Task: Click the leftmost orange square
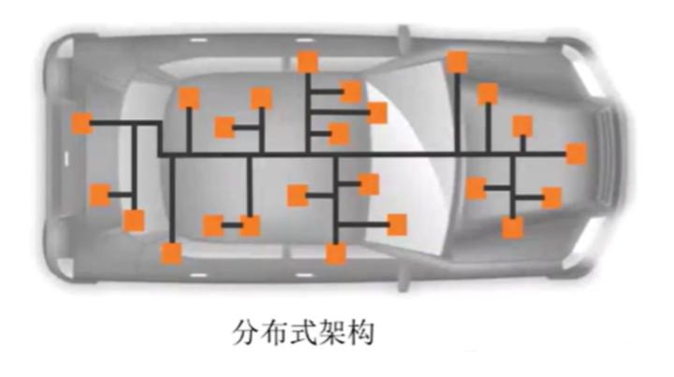pos(82,124)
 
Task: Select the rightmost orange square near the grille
pos(576,153)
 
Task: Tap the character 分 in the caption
pos(245,332)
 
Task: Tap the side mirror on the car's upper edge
pos(403,39)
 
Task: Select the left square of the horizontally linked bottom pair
pos(213,225)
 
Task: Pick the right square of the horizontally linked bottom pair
pos(250,225)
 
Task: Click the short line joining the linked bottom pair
pos(231,225)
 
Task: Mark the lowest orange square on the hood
pos(512,227)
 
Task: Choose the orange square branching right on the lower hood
pos(551,197)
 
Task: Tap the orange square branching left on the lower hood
pos(476,188)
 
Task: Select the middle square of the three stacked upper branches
pos(377,113)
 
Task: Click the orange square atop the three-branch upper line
pos(307,63)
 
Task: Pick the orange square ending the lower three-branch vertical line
pos(335,254)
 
